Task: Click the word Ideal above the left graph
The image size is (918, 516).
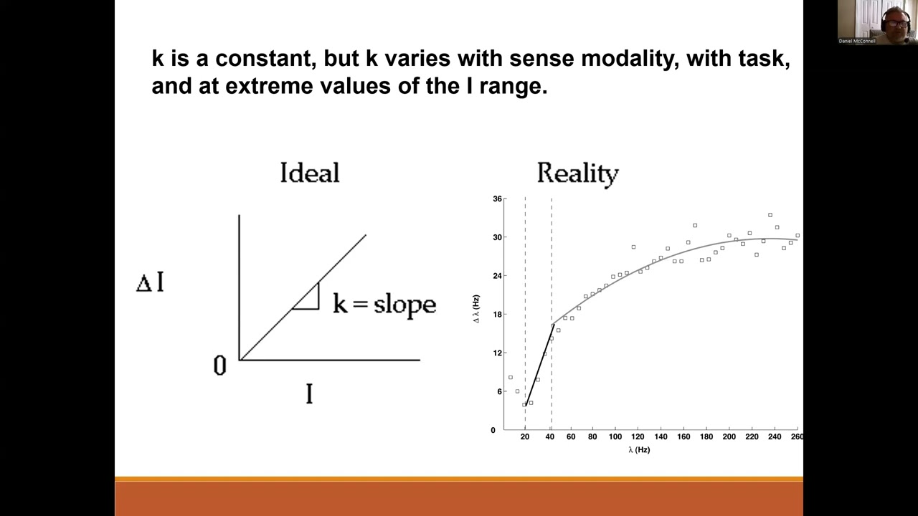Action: (309, 173)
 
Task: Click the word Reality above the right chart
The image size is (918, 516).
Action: (577, 174)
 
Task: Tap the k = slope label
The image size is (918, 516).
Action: (384, 304)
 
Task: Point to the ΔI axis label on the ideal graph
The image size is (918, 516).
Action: (150, 282)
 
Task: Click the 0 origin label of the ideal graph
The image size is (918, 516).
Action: (220, 366)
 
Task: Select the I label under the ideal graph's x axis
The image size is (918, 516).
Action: (309, 394)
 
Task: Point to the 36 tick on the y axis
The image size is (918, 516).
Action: (497, 199)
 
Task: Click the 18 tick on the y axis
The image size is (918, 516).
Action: (497, 315)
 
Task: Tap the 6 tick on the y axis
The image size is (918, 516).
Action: (499, 392)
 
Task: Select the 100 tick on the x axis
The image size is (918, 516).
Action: (615, 436)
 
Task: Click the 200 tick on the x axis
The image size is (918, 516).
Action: (729, 436)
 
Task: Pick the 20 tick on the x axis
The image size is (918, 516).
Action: (525, 436)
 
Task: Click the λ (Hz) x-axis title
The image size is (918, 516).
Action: (638, 450)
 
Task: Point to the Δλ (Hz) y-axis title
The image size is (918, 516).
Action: (476, 308)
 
